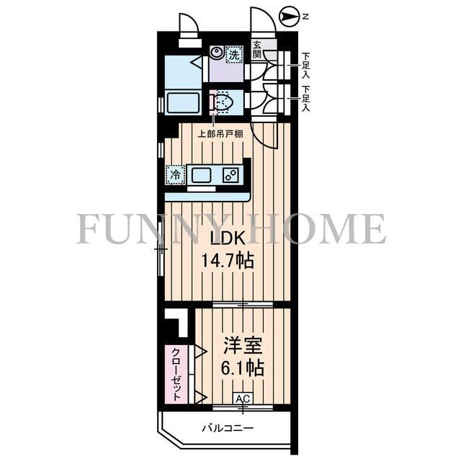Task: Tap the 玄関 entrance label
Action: point(256,50)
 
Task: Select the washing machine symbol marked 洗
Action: point(234,55)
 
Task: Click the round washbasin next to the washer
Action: point(217,53)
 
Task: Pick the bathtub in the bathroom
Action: point(182,102)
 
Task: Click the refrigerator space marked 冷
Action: point(175,175)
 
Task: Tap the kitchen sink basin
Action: point(202,175)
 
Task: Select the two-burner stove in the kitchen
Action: point(230,175)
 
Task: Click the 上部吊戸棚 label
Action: point(220,135)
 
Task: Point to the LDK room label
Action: point(227,238)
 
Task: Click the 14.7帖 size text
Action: point(228,260)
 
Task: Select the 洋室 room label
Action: point(243,346)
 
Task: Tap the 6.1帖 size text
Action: point(243,367)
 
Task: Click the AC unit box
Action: point(243,399)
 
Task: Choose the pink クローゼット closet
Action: point(176,375)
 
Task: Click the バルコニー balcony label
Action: point(228,428)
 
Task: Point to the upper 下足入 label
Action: point(306,65)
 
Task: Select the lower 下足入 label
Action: point(306,99)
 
